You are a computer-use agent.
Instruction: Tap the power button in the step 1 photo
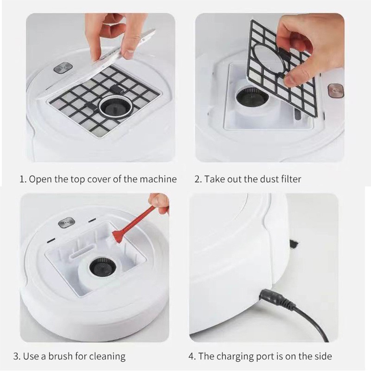62,69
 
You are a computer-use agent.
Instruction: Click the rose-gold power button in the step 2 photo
336,91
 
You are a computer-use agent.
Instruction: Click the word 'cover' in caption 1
100,179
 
